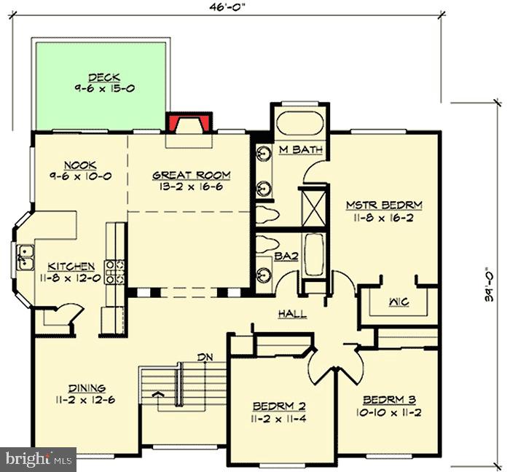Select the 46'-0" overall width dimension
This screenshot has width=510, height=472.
230,9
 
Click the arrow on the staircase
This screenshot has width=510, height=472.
157,398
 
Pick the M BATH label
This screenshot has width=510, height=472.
301,150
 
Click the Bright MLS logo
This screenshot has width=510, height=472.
38,459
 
